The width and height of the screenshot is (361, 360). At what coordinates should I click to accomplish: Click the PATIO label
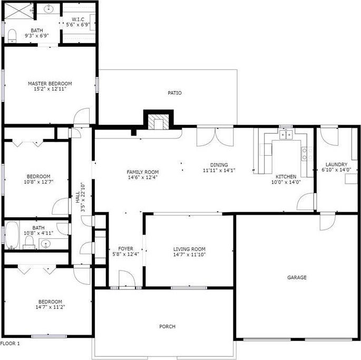pyautogui.click(x=174, y=93)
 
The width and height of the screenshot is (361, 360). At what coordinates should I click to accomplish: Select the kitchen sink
pyautogui.click(x=286, y=135)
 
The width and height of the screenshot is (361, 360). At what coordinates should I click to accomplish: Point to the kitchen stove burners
pyautogui.click(x=307, y=154)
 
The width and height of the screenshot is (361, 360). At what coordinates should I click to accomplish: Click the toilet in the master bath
pyautogui.click(x=12, y=36)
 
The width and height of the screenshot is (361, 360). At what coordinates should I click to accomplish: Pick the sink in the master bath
pyautogui.click(x=48, y=9)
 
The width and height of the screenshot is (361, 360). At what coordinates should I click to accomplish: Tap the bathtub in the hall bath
pyautogui.click(x=12, y=235)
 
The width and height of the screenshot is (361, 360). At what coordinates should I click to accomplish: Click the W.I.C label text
pyautogui.click(x=78, y=19)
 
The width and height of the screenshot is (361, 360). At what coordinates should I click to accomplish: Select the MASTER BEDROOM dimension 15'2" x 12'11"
pyautogui.click(x=50, y=89)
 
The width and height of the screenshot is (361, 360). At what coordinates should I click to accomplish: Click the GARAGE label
pyautogui.click(x=297, y=277)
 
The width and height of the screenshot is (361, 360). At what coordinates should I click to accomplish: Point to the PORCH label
pyautogui.click(x=168, y=326)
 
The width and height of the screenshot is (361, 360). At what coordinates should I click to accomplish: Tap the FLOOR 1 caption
pyautogui.click(x=10, y=344)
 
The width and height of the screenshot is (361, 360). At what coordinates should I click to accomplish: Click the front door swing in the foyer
pyautogui.click(x=127, y=279)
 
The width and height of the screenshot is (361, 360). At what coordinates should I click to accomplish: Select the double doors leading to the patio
pyautogui.click(x=215, y=137)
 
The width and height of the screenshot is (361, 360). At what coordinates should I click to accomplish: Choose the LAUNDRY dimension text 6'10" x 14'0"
pyautogui.click(x=336, y=170)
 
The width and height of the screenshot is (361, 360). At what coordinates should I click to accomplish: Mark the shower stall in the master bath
pyautogui.click(x=19, y=11)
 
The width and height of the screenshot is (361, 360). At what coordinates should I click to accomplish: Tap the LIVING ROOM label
pyautogui.click(x=189, y=249)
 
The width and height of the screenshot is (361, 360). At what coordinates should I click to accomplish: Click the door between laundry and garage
pyautogui.click(x=328, y=222)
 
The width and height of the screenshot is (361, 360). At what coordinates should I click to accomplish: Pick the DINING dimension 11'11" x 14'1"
pyautogui.click(x=219, y=171)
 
